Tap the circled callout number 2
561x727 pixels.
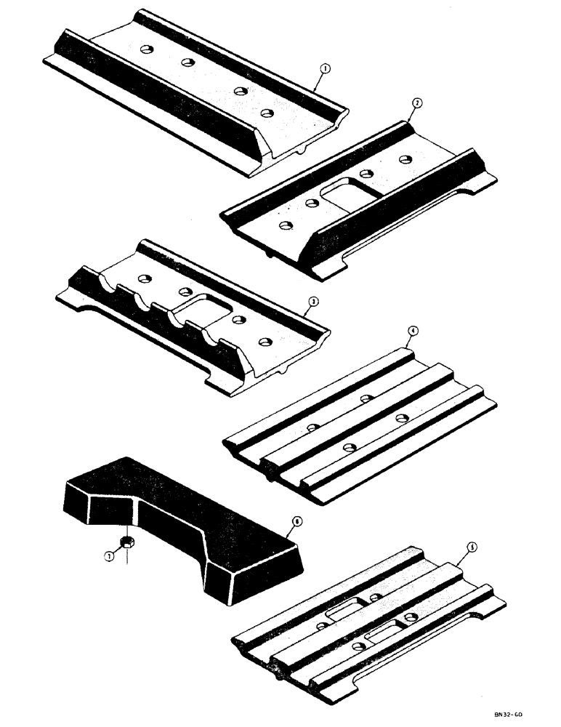[416, 103]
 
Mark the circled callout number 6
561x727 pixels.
[292, 521]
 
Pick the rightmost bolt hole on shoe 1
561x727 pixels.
[267, 113]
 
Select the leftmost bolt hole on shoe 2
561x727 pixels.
[286, 225]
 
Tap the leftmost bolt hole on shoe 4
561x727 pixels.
[312, 427]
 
